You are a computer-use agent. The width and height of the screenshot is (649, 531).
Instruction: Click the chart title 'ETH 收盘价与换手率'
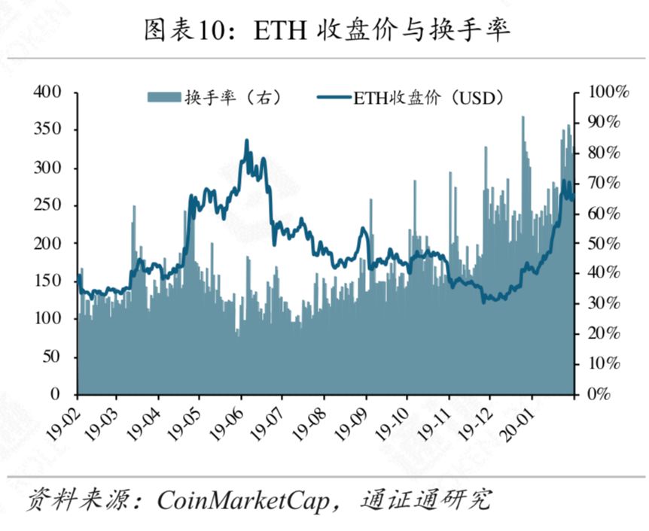(x=381, y=30)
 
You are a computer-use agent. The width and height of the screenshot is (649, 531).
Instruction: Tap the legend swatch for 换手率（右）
(x=164, y=97)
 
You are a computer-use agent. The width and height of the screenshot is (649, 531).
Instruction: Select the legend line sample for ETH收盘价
(x=335, y=98)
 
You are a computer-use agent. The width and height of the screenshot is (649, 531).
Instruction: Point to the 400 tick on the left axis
(x=47, y=92)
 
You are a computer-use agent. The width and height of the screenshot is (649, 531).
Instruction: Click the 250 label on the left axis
(x=47, y=205)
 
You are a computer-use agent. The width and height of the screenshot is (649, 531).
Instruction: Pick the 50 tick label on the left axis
(x=52, y=356)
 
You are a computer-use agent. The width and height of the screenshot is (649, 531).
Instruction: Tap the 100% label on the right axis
(x=608, y=92)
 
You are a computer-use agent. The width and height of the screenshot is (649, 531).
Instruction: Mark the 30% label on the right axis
(x=604, y=303)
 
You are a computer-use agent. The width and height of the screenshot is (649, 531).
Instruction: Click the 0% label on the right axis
(x=599, y=394)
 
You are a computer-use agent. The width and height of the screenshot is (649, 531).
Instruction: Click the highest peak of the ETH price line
(x=247, y=141)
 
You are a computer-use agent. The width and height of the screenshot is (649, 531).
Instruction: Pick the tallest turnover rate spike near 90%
(x=523, y=117)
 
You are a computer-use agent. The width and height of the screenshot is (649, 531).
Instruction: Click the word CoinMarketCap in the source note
(x=243, y=500)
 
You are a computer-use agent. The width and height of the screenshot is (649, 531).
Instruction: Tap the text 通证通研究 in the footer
(x=427, y=499)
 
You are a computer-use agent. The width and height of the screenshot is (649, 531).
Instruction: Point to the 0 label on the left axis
(x=56, y=394)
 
